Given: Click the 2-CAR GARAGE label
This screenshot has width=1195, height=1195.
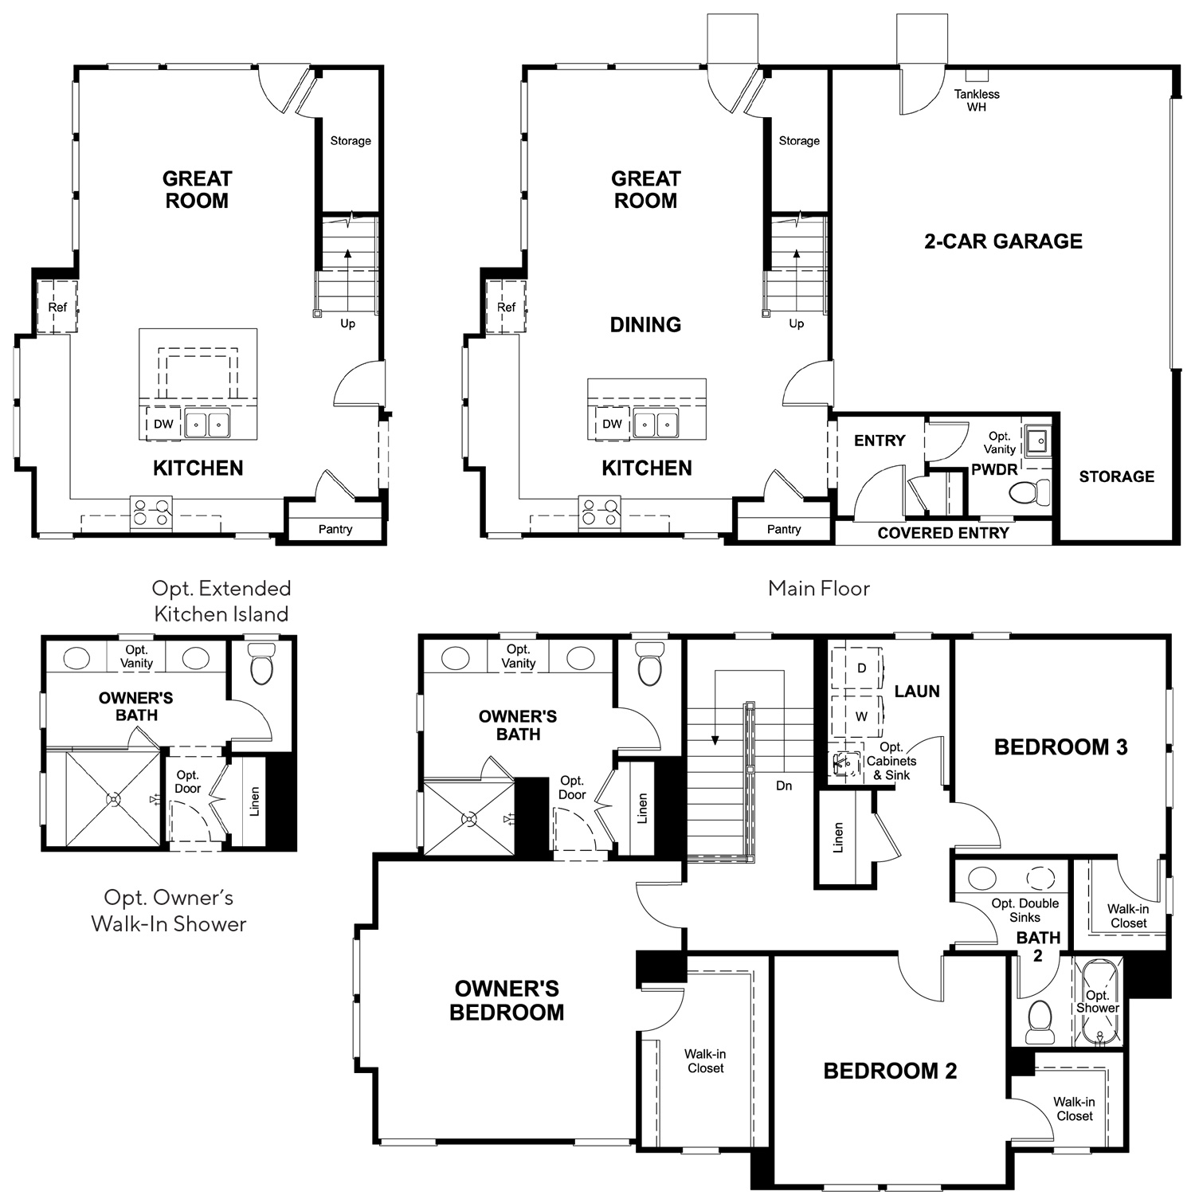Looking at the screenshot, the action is (x=1003, y=241).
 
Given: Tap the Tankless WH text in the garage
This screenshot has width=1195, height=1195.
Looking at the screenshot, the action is (x=977, y=100).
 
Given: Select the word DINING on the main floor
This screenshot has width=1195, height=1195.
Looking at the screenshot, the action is (x=645, y=324).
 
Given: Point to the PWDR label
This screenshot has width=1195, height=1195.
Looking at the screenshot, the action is (x=994, y=469).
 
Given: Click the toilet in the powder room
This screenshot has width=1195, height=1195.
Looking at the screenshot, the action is (x=1030, y=492).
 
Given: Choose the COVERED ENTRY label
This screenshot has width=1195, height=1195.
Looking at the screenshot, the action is (x=943, y=533).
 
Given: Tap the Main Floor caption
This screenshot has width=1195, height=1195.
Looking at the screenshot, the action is (x=819, y=589).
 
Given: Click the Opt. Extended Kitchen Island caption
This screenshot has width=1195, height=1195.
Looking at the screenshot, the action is (x=221, y=601).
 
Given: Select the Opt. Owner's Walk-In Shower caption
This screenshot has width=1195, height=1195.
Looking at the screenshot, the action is (x=169, y=911).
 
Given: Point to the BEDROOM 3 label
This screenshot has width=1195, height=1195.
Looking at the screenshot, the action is (x=1061, y=747).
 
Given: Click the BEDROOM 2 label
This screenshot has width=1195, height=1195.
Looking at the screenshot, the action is (x=890, y=1071).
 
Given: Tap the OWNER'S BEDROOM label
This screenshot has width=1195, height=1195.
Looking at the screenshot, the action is (x=507, y=1001).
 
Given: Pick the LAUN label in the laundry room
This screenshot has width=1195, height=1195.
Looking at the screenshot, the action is (x=917, y=692).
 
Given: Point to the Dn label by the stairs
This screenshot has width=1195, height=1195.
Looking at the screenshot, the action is (x=784, y=786).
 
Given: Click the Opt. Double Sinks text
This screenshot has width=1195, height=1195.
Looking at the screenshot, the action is (x=1025, y=911).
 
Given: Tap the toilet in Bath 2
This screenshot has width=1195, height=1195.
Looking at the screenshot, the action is (x=1040, y=1022).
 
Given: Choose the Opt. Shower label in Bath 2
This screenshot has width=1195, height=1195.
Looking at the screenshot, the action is (x=1098, y=1001).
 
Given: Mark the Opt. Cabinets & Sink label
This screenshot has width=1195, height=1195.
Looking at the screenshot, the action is (x=891, y=761).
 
